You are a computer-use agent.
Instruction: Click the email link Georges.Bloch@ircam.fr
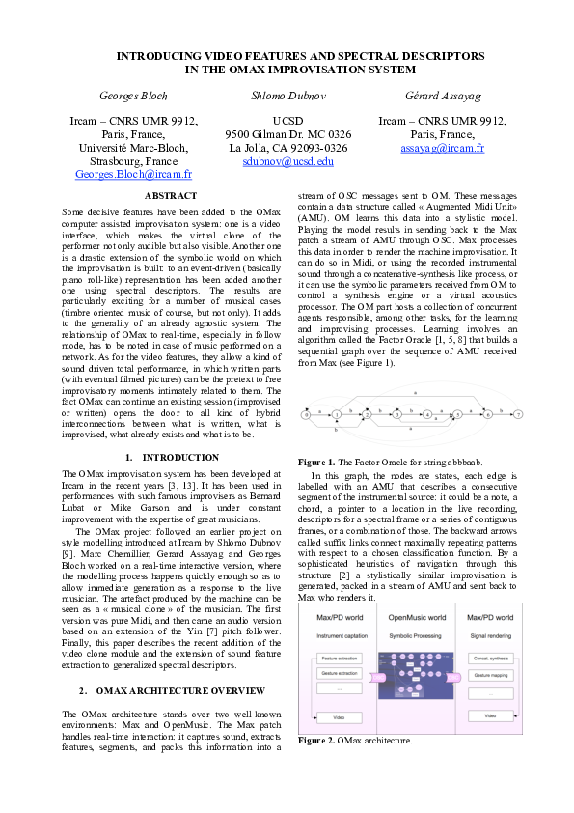coord(133,176)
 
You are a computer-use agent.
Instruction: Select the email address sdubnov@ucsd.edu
coord(287,162)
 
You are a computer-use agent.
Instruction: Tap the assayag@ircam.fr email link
coord(442,149)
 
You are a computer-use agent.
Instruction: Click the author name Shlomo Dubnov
coord(287,96)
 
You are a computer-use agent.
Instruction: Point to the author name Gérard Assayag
coord(442,96)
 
